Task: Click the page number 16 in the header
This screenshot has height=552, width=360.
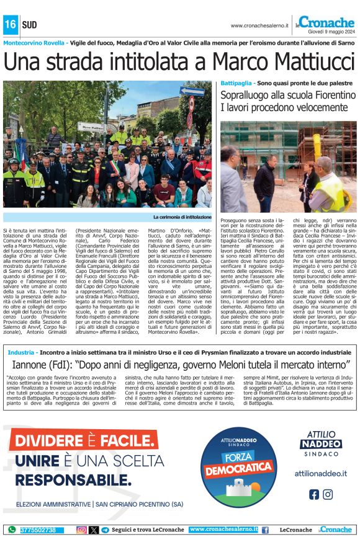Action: coord(10,25)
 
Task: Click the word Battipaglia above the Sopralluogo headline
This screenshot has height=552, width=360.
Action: coord(237,83)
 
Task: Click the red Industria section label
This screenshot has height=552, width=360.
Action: coord(22,352)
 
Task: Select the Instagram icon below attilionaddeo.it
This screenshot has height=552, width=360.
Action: coord(327,494)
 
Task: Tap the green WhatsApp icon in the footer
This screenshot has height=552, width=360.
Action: coord(12,530)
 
